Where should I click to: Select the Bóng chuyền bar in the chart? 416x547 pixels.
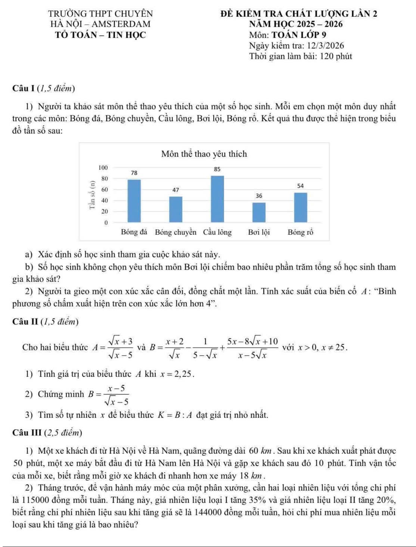tap(176, 209)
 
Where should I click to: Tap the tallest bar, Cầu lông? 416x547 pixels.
tap(217, 199)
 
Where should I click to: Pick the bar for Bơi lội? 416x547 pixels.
tap(259, 212)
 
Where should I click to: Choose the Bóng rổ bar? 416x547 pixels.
tap(301, 207)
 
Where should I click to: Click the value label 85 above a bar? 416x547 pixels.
tap(217, 169)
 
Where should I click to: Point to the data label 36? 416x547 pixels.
tap(259, 196)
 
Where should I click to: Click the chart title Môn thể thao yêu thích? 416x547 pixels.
tap(204, 154)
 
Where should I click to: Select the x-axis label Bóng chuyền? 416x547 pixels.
tap(176, 232)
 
